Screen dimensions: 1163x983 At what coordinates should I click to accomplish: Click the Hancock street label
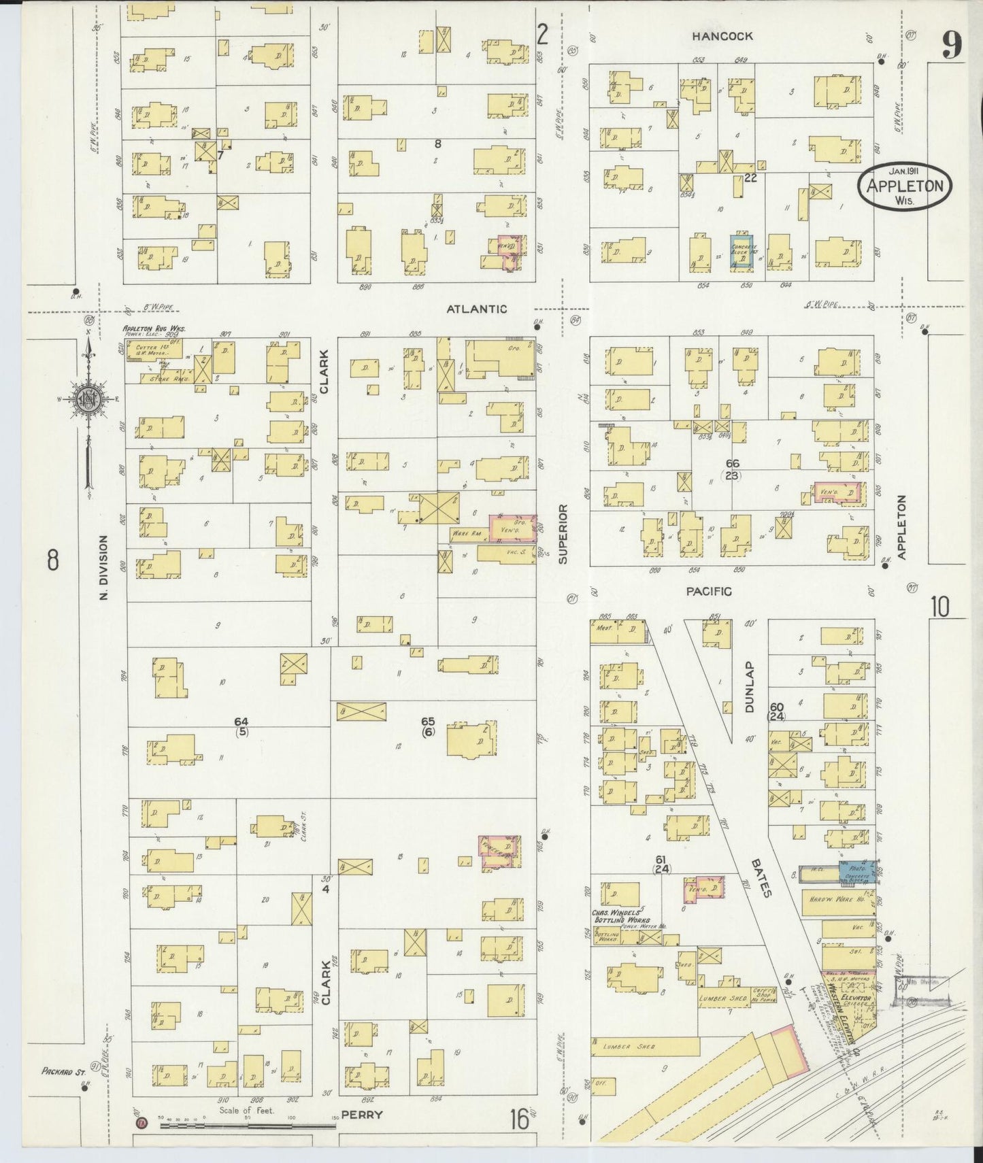tap(713, 36)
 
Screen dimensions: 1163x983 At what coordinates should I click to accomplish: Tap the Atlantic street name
tap(476, 309)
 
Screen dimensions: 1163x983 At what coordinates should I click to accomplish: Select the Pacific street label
tap(708, 592)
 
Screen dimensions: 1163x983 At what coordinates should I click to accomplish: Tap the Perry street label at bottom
tap(362, 1115)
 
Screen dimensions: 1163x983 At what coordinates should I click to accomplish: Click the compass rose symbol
tap(88, 399)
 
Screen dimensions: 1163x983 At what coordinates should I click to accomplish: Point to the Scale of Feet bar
tap(248, 1126)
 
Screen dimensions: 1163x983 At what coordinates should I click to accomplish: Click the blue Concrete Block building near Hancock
tap(742, 254)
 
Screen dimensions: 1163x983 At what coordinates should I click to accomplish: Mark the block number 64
tap(241, 722)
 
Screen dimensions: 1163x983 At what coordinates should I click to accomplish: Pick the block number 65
tap(428, 722)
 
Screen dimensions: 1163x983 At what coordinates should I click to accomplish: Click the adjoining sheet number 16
tap(520, 1118)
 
